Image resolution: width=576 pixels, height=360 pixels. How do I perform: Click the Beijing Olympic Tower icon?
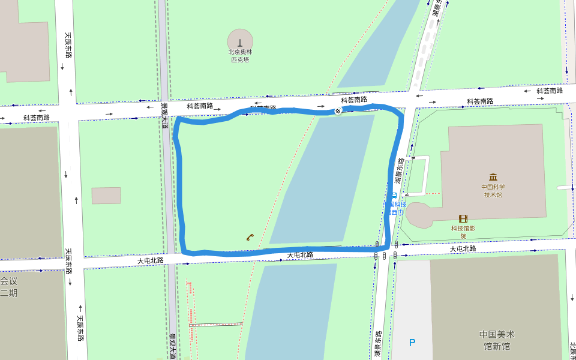[240, 41]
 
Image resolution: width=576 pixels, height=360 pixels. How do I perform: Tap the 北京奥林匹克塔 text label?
[240, 56]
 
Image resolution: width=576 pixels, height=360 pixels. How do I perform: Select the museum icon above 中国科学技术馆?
[493, 177]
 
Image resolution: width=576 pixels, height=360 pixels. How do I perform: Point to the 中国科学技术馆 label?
[493, 191]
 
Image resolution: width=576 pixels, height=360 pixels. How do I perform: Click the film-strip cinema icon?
[463, 218]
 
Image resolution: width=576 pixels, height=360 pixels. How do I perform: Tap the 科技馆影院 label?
[463, 232]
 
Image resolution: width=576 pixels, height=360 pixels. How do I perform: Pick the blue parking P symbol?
[412, 343]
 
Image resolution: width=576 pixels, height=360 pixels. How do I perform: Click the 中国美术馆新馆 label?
[497, 340]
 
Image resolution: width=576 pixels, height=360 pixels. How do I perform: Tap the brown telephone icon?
[249, 237]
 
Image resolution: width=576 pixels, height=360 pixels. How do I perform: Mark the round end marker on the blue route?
[338, 111]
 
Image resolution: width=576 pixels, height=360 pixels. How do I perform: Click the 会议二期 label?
[9, 286]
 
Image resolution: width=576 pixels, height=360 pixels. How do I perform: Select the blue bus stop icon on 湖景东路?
[394, 195]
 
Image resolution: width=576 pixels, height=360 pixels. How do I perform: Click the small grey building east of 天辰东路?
[106, 196]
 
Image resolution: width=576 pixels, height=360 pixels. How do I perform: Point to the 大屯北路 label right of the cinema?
[463, 248]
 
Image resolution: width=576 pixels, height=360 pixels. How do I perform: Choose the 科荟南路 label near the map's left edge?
[37, 118]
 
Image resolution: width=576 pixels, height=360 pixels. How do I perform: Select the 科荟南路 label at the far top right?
[549, 91]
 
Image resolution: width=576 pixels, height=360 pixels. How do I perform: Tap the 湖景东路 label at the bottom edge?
[378, 344]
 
